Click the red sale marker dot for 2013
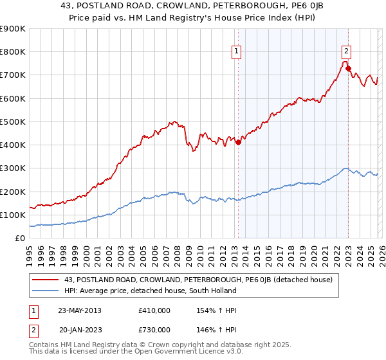coord(238,143)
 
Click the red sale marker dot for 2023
coord(348,68)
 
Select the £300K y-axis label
coord(13,168)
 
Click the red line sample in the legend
coord(46,280)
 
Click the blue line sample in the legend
coord(46,291)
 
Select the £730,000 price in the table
coord(154,330)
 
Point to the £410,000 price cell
coord(154,310)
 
